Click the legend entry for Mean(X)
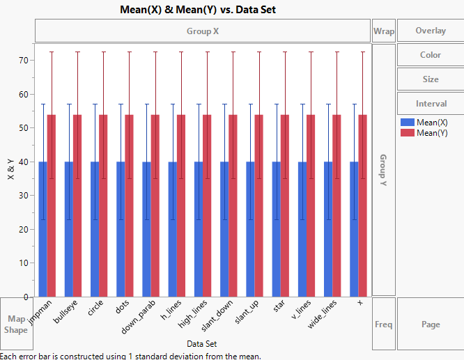[431, 122]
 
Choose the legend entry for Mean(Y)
[431, 132]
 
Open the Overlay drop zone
[430, 31]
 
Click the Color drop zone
[430, 55]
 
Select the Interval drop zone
[430, 104]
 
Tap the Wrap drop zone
[383, 31]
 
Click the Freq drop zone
[383, 324]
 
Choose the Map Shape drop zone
[16, 324]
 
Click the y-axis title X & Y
[10, 171]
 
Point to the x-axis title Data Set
[201, 344]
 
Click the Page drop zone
[430, 324]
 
